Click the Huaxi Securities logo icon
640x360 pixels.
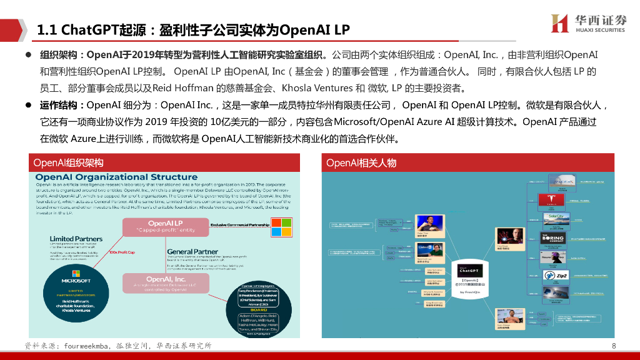pos(559,23)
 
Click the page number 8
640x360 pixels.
pos(614,346)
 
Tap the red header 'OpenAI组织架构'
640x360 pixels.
pos(69,163)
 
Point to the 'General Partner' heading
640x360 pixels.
pos(192,251)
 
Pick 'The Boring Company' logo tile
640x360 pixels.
pos(556,238)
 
